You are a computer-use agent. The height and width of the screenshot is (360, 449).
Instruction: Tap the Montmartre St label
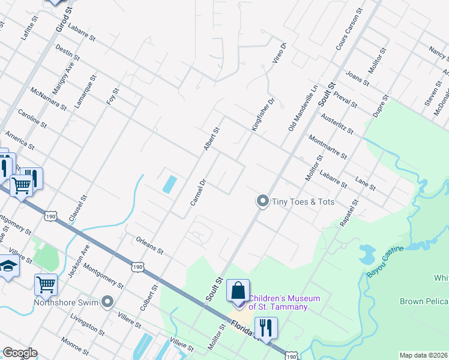click(x=327, y=145)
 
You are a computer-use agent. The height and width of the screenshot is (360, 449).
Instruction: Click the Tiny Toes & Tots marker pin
click(x=262, y=201)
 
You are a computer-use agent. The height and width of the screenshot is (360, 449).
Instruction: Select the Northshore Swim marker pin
click(x=108, y=301)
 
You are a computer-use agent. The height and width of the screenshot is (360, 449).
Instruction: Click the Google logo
click(x=20, y=353)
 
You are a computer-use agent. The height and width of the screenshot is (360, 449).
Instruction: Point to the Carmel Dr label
click(x=199, y=193)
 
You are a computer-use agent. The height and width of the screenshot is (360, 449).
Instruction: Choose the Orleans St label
click(x=149, y=245)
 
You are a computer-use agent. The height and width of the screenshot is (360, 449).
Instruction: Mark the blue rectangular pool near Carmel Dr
click(x=170, y=184)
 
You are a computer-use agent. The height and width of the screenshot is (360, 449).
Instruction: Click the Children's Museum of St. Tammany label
click(x=277, y=302)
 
